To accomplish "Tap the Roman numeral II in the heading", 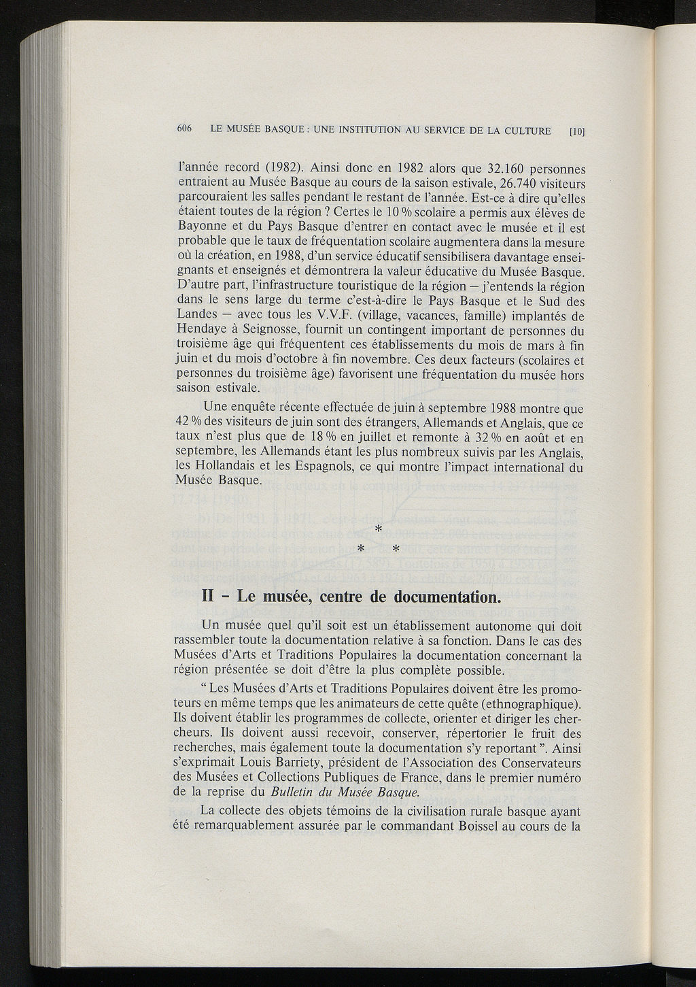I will point(209,597).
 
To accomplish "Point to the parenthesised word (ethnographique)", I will point(527,703).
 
